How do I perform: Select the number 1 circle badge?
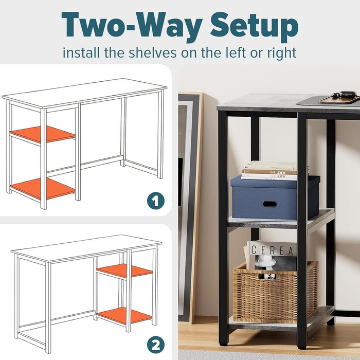155,201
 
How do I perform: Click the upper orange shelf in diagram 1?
43,135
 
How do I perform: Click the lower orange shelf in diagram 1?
42,189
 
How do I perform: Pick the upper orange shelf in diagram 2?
124,271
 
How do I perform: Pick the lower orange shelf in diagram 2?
124,315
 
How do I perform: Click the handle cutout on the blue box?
269,204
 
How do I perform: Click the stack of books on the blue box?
270,171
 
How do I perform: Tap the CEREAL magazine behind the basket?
272,252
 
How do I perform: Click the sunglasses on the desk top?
343,95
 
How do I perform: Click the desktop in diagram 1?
85,93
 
